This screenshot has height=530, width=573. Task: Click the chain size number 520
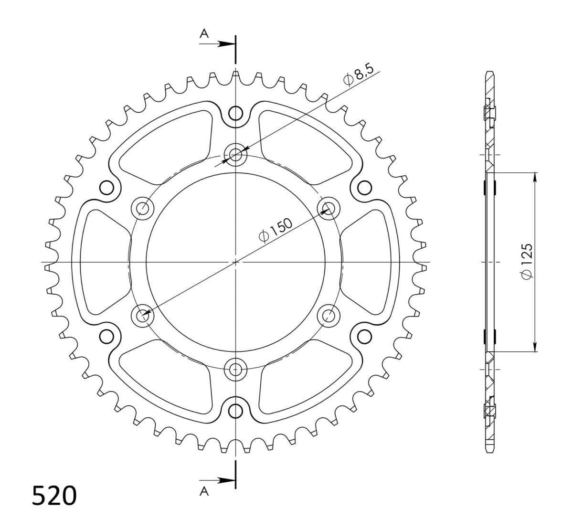tap(54, 496)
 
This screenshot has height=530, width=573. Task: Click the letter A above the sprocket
tap(204, 33)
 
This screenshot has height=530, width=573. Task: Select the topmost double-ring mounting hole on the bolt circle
tap(235, 155)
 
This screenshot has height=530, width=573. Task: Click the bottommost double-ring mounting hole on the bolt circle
tap(235, 369)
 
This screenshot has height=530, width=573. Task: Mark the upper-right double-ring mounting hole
tap(329, 208)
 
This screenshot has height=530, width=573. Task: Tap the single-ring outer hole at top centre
tap(235, 114)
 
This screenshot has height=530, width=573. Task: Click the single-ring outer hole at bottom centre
tap(235, 410)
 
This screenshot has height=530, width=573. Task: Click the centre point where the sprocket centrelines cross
tap(235, 262)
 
